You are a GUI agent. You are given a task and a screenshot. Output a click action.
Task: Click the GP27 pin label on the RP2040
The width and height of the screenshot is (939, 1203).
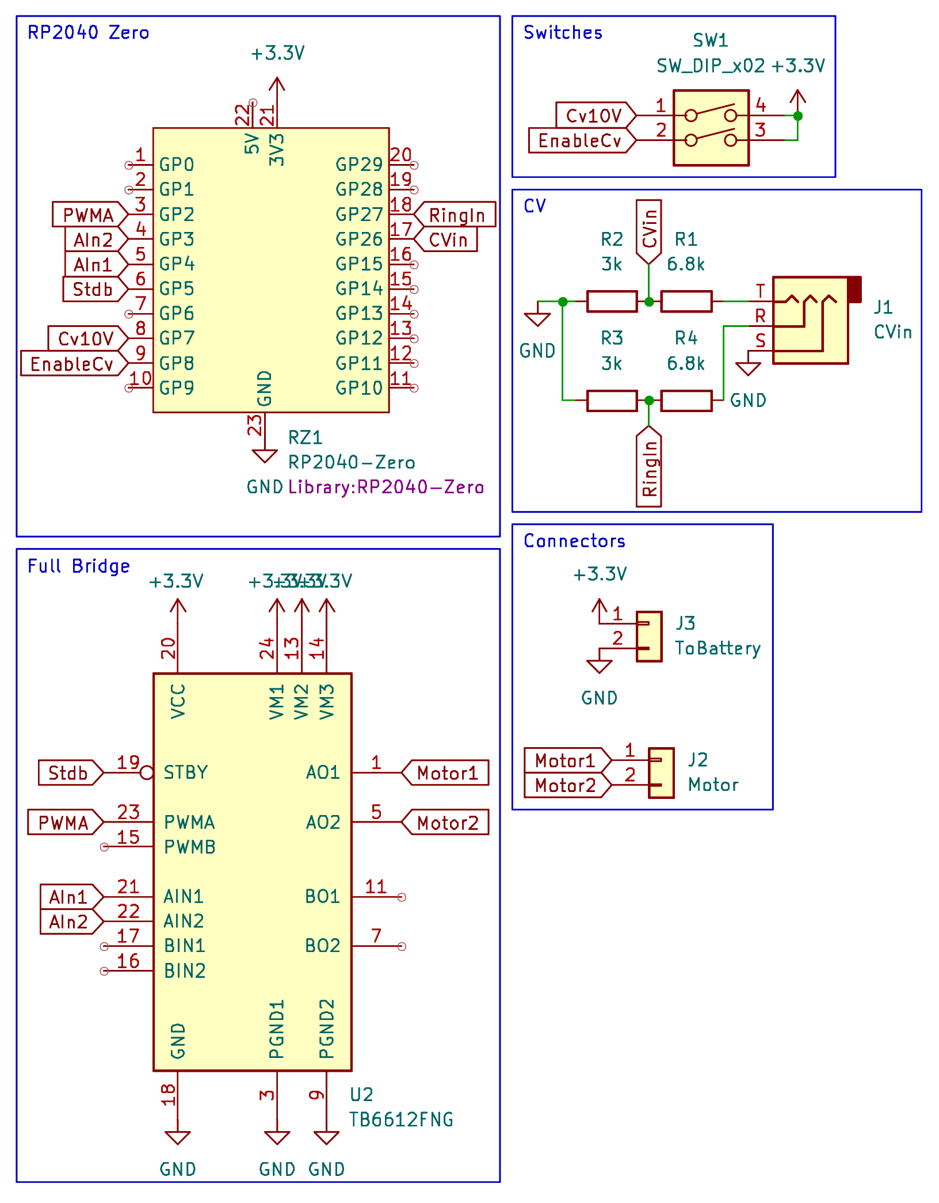[x=359, y=215]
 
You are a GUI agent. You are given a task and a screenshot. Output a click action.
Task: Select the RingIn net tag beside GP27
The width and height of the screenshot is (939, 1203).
[x=456, y=215]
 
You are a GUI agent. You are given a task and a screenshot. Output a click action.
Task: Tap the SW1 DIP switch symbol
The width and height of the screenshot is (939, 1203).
[x=711, y=128]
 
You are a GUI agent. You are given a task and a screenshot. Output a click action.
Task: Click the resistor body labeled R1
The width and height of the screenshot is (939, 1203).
[x=686, y=301]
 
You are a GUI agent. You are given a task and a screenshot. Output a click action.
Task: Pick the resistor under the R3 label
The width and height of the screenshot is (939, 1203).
[x=612, y=400]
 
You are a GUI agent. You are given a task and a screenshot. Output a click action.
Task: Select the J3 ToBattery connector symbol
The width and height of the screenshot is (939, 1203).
[x=649, y=636]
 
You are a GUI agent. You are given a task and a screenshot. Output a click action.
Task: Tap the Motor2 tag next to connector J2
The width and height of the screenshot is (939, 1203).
[x=566, y=785]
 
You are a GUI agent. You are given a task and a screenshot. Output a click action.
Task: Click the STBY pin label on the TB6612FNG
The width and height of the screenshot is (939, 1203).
[x=185, y=772]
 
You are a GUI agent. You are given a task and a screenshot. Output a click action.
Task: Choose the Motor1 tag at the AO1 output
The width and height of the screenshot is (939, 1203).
[x=447, y=772]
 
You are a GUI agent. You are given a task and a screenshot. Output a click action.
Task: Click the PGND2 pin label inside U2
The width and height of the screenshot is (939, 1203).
[x=326, y=1029]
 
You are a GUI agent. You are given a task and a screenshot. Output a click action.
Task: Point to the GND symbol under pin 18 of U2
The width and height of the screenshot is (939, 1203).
[x=177, y=1137]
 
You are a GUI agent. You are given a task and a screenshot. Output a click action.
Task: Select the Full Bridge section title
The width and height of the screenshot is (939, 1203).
[x=79, y=566]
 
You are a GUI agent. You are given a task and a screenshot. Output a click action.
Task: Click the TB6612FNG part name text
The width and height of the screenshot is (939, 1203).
[x=401, y=1120]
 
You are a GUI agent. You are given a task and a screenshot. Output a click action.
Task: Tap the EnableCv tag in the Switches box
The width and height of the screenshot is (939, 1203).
[x=580, y=140]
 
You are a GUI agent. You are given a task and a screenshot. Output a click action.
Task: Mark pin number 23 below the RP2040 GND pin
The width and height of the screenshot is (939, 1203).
[x=254, y=425]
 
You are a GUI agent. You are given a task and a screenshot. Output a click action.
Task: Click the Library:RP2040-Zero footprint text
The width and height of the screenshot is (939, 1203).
[x=385, y=487]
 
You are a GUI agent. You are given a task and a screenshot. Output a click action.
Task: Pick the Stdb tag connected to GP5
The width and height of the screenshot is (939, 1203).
[x=92, y=289]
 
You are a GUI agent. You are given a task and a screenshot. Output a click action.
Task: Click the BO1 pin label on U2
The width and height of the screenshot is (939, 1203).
[x=322, y=896]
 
